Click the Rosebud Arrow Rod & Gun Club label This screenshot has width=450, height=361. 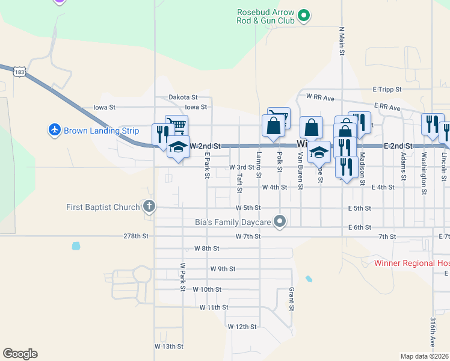pyautogui.click(x=266, y=16)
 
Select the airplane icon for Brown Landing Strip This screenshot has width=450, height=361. pyautogui.click(x=55, y=129)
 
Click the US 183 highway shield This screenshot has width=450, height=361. pyautogui.click(x=19, y=71)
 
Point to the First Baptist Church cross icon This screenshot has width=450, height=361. pyautogui.click(x=149, y=208)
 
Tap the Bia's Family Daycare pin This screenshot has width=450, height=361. pyautogui.click(x=279, y=222)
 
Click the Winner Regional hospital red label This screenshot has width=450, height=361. pyautogui.click(x=411, y=263)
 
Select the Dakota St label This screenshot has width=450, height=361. pyautogui.click(x=183, y=97)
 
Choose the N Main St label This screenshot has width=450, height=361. pyautogui.click(x=342, y=40)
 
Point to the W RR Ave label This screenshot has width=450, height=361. pyautogui.click(x=319, y=96)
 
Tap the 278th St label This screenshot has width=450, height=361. pyautogui.click(x=135, y=236)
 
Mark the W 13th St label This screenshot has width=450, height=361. pyautogui.click(x=168, y=347)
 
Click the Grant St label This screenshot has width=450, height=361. pyautogui.click(x=291, y=298)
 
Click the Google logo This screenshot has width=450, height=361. pyautogui.click(x=20, y=354)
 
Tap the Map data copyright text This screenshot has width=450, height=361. pyautogui.click(x=425, y=356)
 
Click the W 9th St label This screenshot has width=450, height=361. pyautogui.click(x=223, y=268)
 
